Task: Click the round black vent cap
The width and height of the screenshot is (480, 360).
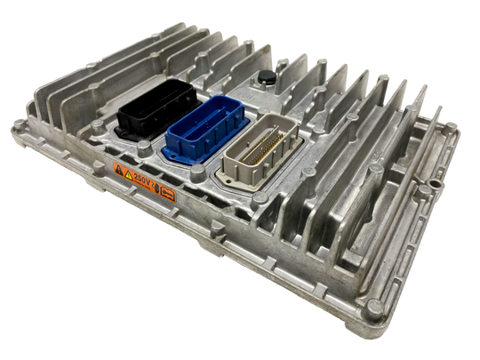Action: (266, 79)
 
